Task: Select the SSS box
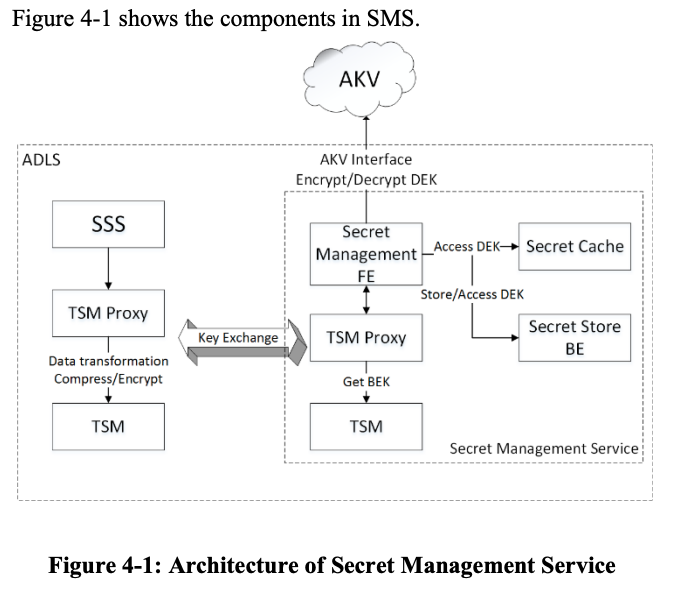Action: click(108, 225)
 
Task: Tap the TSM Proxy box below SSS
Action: click(108, 313)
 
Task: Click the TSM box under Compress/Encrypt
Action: click(108, 426)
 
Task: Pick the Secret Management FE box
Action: click(365, 253)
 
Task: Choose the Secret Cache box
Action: click(574, 247)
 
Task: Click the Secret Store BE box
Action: click(574, 337)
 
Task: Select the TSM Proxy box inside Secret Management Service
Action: click(366, 338)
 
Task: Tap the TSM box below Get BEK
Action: click(366, 426)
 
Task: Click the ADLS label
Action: click(41, 159)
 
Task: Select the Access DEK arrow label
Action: click(467, 246)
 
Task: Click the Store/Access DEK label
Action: click(472, 294)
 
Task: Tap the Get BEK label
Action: click(366, 382)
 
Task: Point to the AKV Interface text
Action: click(366, 159)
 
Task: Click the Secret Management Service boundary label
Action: click(543, 448)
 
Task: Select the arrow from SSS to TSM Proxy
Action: click(108, 269)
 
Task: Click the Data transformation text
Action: click(108, 360)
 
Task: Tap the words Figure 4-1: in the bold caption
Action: click(105, 566)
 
